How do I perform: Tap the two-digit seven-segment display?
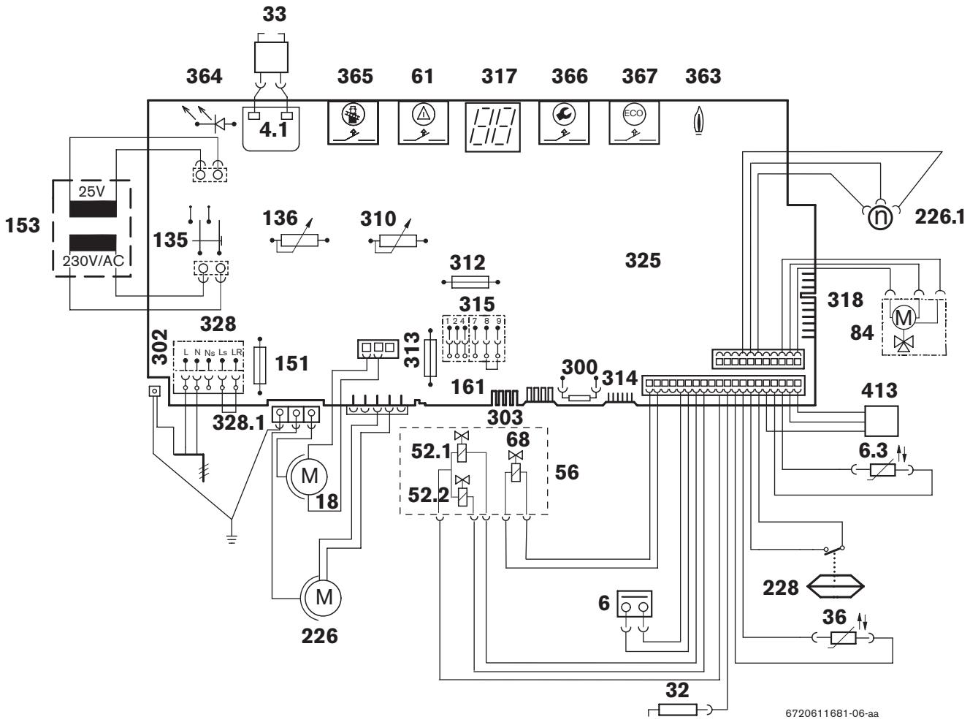click(x=492, y=127)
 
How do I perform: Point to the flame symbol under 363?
click(x=698, y=120)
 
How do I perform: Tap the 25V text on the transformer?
click(x=92, y=191)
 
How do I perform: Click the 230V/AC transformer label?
click(x=93, y=261)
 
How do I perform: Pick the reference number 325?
click(x=643, y=260)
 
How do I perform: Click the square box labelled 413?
click(x=881, y=421)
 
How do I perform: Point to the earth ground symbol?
click(x=231, y=539)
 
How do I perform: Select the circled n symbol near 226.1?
click(x=880, y=217)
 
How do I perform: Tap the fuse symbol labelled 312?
click(x=470, y=281)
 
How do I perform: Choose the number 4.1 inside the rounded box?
click(x=274, y=130)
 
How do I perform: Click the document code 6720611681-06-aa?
click(x=832, y=713)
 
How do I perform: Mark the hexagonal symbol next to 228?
click(x=835, y=586)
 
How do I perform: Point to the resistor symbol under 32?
click(x=678, y=710)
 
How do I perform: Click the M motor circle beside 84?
click(x=904, y=317)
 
